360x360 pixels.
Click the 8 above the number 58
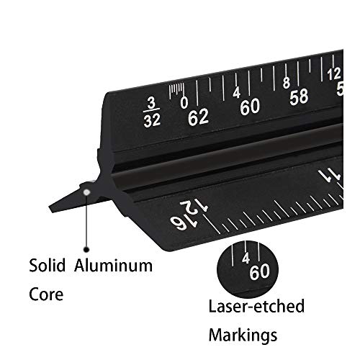287,82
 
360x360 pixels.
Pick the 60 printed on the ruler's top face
249,107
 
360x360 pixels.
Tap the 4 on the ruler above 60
237,93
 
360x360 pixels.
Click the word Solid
50,266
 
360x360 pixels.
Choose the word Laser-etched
256,307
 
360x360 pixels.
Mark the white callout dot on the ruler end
86,191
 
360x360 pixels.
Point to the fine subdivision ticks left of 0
174,90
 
